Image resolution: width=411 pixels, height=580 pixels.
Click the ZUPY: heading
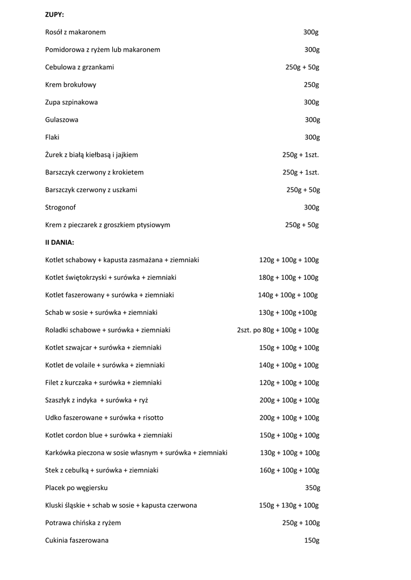54,15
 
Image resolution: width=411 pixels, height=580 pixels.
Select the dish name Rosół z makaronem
75,32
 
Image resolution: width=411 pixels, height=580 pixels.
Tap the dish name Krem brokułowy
71,85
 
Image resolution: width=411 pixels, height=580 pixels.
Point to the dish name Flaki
52,137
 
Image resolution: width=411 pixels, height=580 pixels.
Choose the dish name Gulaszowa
62,120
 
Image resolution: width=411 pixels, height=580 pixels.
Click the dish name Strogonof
61,207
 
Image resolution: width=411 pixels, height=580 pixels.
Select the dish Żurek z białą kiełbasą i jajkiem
91,155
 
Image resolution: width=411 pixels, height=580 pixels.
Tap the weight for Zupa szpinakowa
311,103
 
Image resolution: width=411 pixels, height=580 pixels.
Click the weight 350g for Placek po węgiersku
312,488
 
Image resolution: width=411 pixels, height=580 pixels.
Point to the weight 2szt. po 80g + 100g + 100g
278,330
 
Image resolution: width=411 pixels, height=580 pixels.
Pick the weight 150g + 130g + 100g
289,505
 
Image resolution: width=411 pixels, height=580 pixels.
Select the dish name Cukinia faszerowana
77,540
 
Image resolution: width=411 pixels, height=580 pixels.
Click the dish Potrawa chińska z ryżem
83,523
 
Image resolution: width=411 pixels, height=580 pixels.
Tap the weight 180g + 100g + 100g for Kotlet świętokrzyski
289,278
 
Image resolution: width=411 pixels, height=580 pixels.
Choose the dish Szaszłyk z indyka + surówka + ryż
96,400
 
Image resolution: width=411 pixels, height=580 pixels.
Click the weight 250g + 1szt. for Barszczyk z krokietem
300,172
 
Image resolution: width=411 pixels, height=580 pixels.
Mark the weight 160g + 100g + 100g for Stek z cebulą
289,470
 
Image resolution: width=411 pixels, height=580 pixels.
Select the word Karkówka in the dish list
60,453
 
